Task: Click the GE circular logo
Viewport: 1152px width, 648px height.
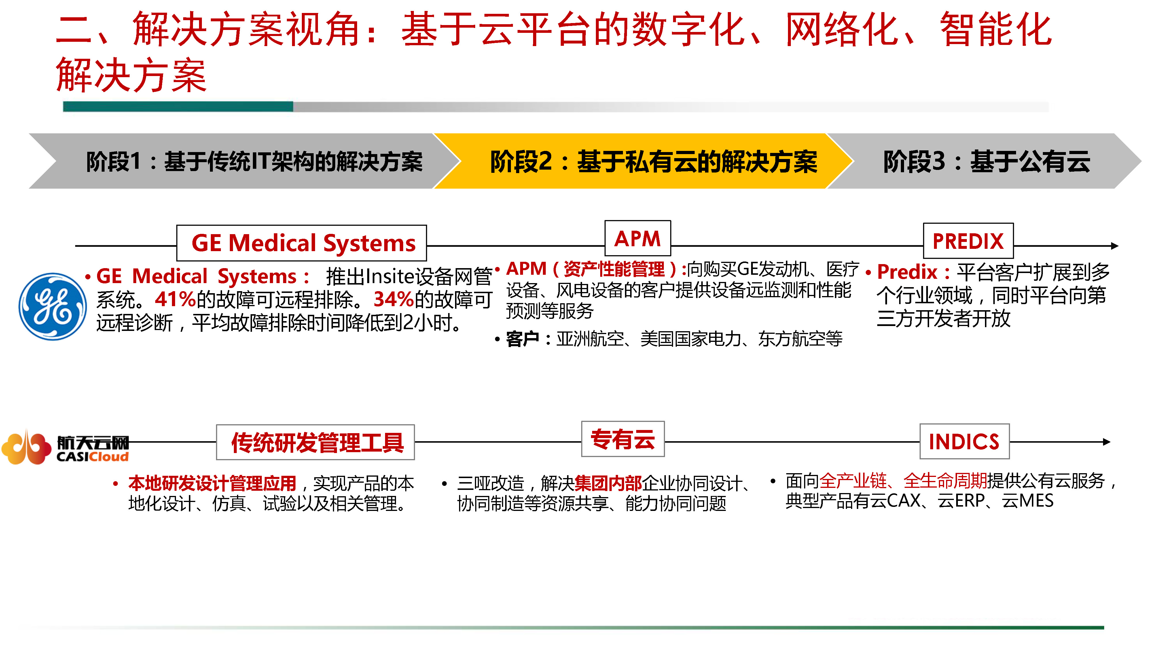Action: (52, 307)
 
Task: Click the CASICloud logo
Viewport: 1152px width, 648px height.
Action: (65, 448)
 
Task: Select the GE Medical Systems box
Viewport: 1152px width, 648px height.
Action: (302, 243)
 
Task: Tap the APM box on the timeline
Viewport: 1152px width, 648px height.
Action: (637, 238)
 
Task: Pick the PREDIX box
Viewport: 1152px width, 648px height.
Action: (968, 240)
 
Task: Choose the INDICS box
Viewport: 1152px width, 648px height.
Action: (964, 442)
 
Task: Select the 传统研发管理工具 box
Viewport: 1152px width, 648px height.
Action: (315, 442)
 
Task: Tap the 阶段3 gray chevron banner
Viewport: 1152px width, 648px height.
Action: (984, 161)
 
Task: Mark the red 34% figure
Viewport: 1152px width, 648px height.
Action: (393, 300)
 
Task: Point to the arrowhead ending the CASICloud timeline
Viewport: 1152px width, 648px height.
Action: (1107, 442)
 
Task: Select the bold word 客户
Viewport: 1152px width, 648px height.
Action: (522, 339)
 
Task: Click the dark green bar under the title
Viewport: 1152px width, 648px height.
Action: (178, 107)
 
